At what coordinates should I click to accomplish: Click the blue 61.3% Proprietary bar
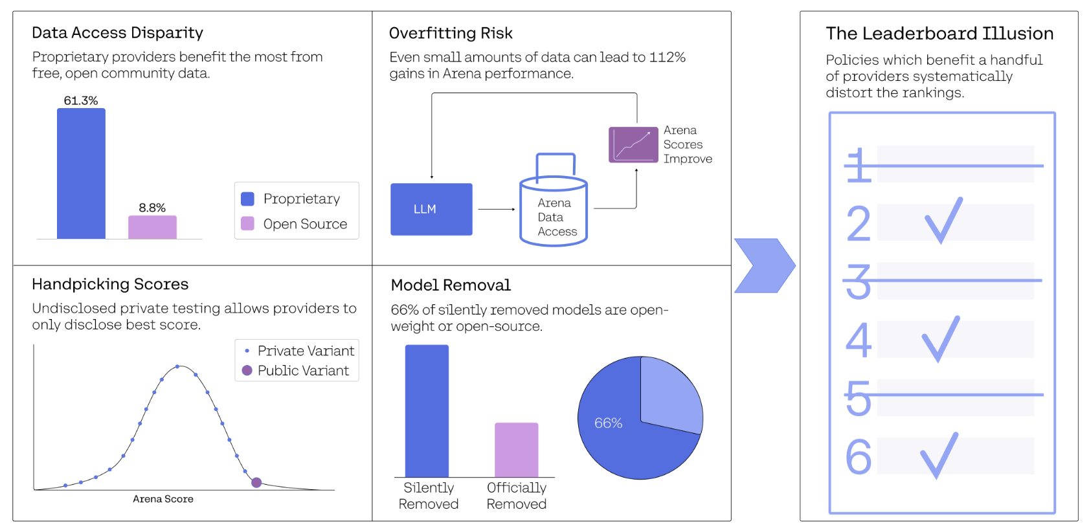pos(81,173)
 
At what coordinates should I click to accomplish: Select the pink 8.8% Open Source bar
pos(152,227)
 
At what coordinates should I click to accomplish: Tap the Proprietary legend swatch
pos(247,199)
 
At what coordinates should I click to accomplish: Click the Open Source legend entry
pos(294,224)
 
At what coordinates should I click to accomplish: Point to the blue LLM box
pos(431,210)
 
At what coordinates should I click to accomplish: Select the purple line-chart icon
pos(633,145)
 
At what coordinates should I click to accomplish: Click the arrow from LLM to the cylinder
pos(497,210)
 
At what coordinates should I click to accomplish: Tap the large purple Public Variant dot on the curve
pos(256,482)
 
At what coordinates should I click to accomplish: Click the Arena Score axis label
pos(163,499)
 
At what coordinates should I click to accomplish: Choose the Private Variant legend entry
pos(298,351)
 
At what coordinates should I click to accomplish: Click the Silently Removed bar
pos(427,411)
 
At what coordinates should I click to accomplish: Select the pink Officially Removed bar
pos(516,450)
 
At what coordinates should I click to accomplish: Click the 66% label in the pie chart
pos(608,423)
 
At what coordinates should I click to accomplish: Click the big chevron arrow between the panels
pos(765,266)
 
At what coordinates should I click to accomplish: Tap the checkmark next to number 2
pos(943,221)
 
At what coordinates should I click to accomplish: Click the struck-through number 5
pos(858,398)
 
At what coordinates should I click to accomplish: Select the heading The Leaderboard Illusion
pos(939,34)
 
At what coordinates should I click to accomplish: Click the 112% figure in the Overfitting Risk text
pos(668,58)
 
